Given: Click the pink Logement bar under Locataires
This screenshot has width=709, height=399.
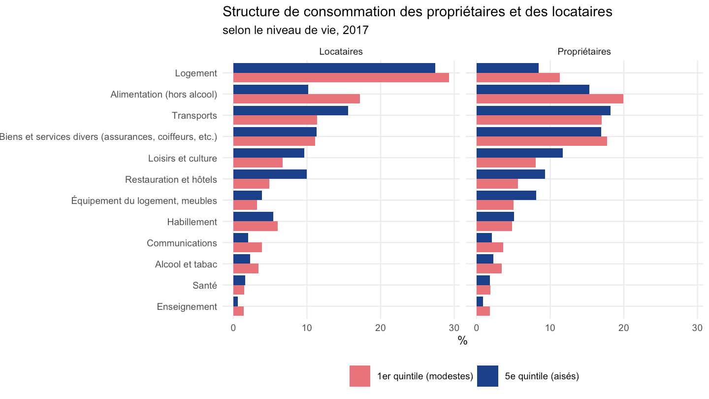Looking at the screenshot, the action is [341, 78].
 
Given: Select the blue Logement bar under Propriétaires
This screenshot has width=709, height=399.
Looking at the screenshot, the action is [507, 68].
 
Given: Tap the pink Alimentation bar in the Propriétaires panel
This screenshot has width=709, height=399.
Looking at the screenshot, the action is [550, 99].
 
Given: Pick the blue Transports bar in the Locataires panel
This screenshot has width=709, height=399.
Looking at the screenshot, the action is [290, 110].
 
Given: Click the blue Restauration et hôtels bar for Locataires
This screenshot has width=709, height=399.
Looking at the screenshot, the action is [270, 174].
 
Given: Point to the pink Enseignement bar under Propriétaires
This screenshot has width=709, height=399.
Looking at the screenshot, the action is [483, 311].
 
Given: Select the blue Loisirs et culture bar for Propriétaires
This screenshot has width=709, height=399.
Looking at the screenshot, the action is [519, 153].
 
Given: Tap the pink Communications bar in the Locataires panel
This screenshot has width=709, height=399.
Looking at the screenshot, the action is [248, 248].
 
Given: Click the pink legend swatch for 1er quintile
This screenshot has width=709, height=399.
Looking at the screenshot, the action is [360, 376].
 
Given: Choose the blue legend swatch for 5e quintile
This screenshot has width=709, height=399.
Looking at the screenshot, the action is [487, 376].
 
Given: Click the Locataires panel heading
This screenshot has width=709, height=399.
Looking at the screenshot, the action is [341, 52].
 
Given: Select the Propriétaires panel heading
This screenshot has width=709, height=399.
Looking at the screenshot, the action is [584, 52].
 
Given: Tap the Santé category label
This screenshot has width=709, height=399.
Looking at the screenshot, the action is [205, 285].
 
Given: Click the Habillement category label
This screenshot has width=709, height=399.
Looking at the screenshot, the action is [192, 222].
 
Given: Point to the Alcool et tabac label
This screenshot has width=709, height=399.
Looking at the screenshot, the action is [186, 265].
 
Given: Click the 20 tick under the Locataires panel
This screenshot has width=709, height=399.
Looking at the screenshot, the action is [381, 328].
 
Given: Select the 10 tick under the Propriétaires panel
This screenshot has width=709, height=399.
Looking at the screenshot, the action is [550, 328].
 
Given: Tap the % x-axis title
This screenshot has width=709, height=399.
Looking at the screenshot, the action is [462, 341].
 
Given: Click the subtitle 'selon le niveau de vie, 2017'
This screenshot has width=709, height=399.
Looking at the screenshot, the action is [295, 31].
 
